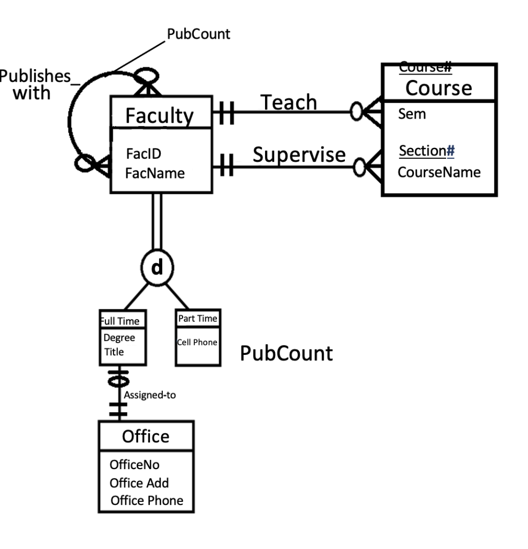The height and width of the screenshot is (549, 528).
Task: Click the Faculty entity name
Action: pos(159,115)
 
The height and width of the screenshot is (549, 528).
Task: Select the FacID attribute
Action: pos(144,154)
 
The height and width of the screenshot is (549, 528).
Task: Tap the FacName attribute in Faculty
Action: pos(155,173)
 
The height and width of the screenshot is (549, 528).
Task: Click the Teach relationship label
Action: pos(289,102)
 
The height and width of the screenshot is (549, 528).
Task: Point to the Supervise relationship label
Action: pos(299,154)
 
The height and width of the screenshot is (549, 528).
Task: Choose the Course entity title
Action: pos(439,87)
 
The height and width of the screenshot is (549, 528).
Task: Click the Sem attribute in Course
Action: pos(412,114)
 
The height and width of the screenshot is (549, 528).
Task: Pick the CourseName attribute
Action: pos(439,173)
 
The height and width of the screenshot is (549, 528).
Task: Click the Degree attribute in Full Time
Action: pos(119,338)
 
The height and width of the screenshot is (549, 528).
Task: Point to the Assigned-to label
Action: pos(150,395)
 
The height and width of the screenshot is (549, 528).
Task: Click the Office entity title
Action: pos(145,436)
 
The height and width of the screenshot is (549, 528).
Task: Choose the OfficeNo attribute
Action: pos(134,464)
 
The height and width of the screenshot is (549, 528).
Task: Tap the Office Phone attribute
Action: pos(146,501)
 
